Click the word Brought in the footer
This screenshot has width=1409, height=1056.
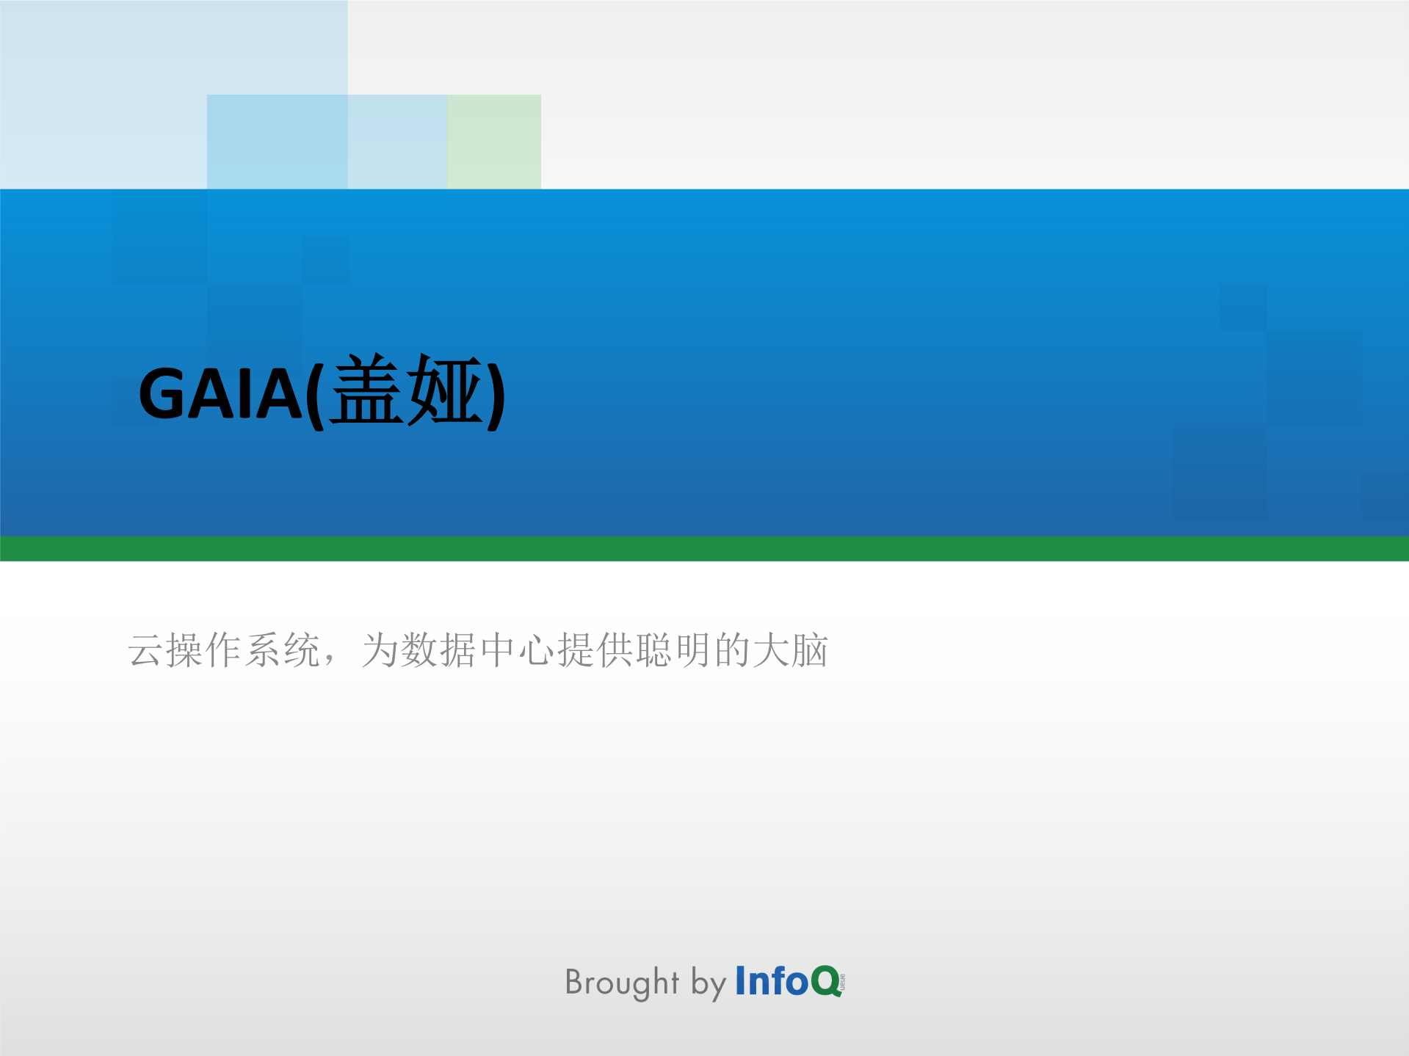(622, 983)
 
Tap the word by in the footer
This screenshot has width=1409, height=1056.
(709, 983)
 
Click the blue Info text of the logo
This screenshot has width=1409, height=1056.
(772, 981)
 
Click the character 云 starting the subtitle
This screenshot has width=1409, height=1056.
(145, 650)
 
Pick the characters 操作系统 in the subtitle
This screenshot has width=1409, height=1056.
(243, 650)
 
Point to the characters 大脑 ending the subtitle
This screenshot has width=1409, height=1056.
(790, 650)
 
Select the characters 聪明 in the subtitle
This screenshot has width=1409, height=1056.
(673, 650)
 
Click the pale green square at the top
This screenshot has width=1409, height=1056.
(494, 141)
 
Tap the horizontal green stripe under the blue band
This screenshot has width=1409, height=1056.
(704, 548)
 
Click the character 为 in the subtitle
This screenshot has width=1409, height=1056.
(379, 650)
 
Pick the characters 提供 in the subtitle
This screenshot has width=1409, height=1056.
(594, 650)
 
